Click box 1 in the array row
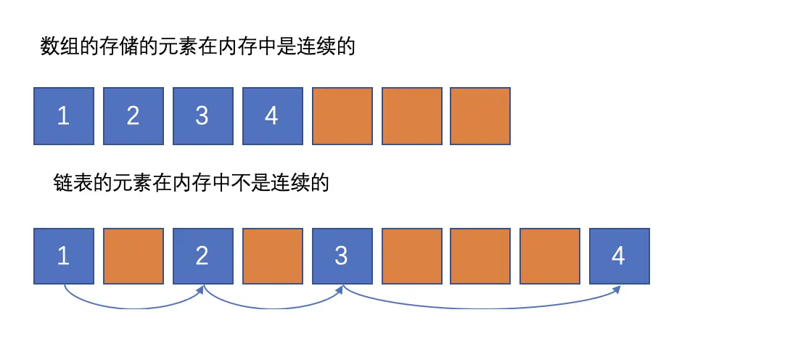pyautogui.click(x=64, y=115)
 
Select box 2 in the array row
pyautogui.click(x=133, y=115)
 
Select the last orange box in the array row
pyautogui.click(x=480, y=115)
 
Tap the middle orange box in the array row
pyautogui.click(x=411, y=115)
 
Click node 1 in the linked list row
pyautogui.click(x=64, y=256)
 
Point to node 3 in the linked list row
pyautogui.click(x=342, y=256)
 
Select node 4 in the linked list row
pyautogui.click(x=620, y=256)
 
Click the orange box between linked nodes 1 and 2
pyautogui.click(x=133, y=256)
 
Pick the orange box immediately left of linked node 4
pyautogui.click(x=550, y=256)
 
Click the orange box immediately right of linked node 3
pyautogui.click(x=411, y=256)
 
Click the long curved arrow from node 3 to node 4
pyautogui.click(x=479, y=308)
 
